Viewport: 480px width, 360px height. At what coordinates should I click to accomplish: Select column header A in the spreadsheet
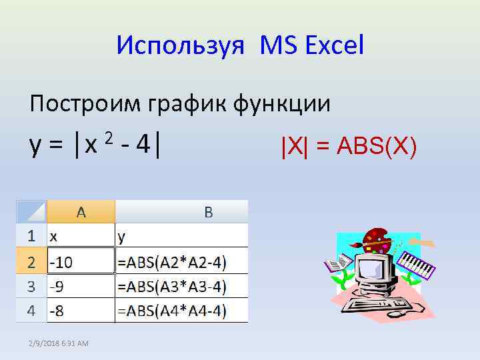tap(81, 212)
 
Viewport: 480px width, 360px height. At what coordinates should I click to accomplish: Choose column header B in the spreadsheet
tap(208, 212)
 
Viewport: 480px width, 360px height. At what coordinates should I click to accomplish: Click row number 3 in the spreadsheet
tap(31, 287)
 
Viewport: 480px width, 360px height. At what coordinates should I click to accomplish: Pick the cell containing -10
tap(81, 262)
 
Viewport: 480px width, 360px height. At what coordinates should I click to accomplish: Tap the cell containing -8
tap(81, 311)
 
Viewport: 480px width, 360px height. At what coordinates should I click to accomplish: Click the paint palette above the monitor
tap(377, 239)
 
